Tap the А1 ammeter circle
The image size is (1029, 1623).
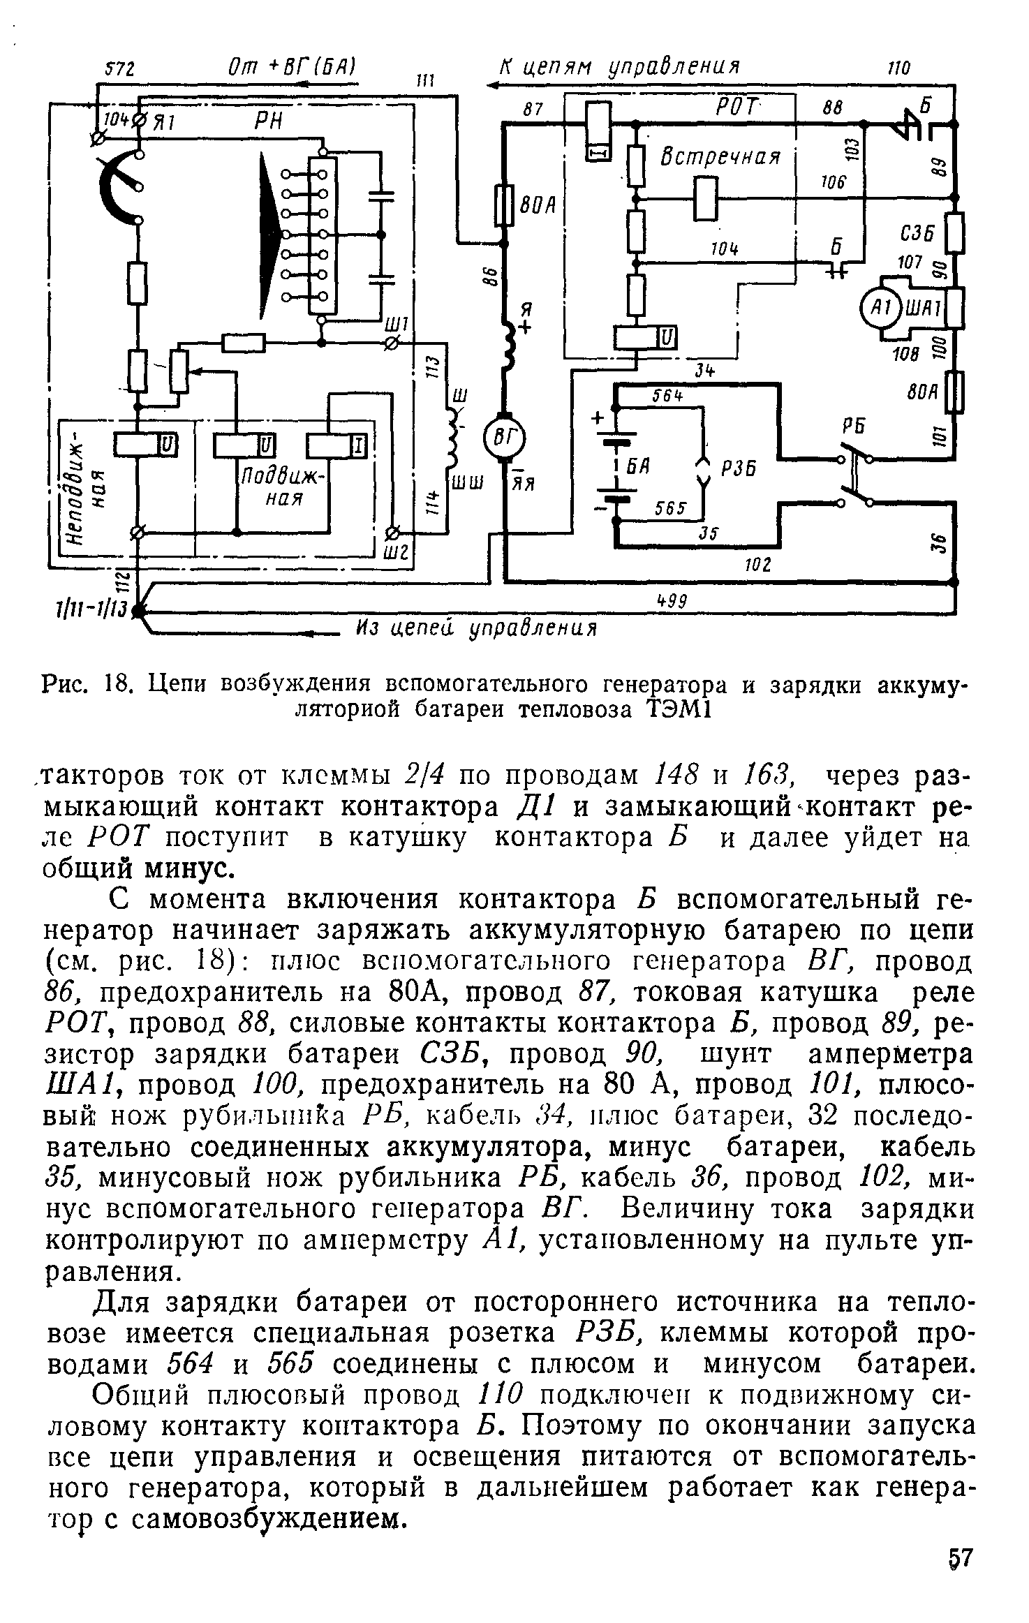point(877,306)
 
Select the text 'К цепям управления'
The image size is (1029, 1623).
point(619,67)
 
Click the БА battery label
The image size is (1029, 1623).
point(642,469)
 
